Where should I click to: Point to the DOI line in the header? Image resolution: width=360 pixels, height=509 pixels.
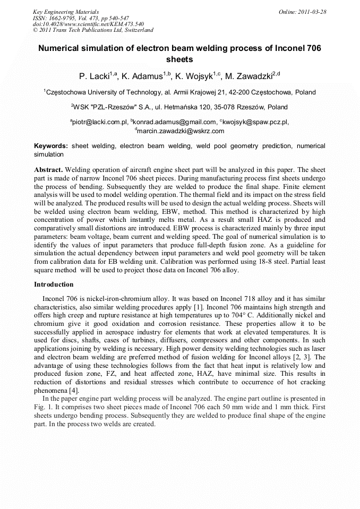[88, 24]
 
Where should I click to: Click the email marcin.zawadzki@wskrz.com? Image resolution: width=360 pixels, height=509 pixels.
[181, 131]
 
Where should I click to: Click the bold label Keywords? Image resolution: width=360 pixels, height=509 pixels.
[51, 146]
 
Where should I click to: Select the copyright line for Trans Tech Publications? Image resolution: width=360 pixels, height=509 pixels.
[93, 30]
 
